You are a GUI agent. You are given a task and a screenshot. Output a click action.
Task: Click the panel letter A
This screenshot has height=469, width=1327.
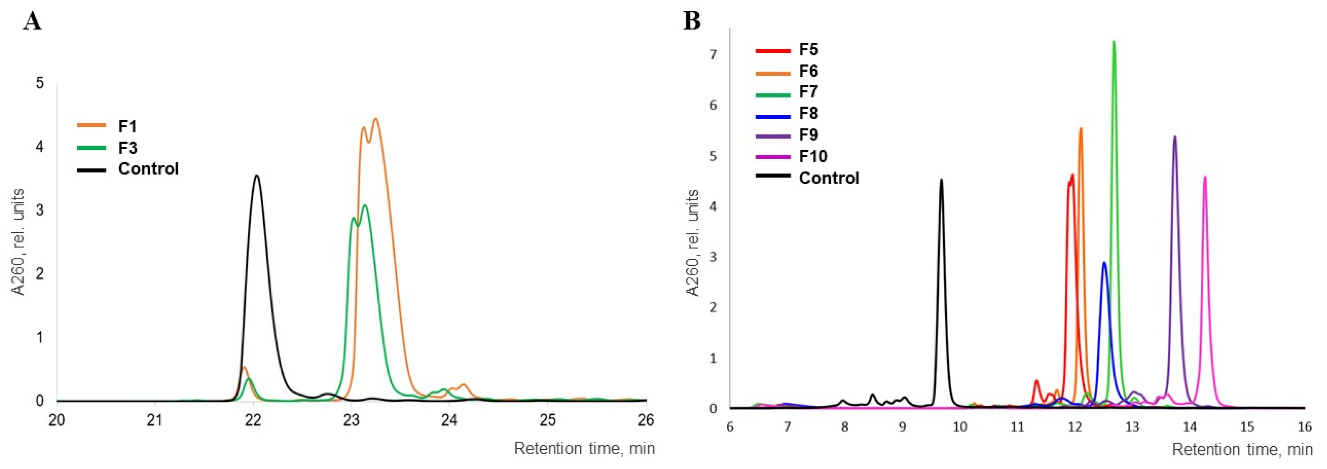click(x=32, y=22)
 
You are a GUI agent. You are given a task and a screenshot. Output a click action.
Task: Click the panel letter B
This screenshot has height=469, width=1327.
click(x=692, y=22)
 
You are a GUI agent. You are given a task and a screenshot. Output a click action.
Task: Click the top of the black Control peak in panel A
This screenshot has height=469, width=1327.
click(x=257, y=176)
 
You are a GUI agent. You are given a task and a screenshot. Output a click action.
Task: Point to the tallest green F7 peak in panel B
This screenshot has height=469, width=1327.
click(x=1114, y=42)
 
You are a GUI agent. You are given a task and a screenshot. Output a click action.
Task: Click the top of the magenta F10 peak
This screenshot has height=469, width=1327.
click(x=1205, y=177)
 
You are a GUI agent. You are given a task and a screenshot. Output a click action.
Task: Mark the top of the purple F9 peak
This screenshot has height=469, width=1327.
click(x=1175, y=137)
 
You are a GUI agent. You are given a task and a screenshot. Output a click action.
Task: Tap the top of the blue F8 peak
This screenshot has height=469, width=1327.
click(x=1104, y=262)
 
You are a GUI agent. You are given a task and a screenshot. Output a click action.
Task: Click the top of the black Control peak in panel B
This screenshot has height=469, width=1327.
click(x=941, y=180)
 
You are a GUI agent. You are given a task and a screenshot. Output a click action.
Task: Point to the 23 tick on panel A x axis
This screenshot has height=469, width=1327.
click(x=351, y=420)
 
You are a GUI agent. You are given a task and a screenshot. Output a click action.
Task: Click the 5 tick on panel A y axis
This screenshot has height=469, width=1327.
click(x=40, y=83)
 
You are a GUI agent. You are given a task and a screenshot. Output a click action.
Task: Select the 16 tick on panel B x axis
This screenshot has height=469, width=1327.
click(x=1304, y=427)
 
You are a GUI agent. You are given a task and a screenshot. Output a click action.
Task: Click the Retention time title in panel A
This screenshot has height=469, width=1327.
click(x=584, y=448)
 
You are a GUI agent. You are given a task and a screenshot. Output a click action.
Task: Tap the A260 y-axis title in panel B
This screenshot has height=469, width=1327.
click(x=693, y=243)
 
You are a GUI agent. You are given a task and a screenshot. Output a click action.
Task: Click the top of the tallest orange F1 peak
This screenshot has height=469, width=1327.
click(x=375, y=119)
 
